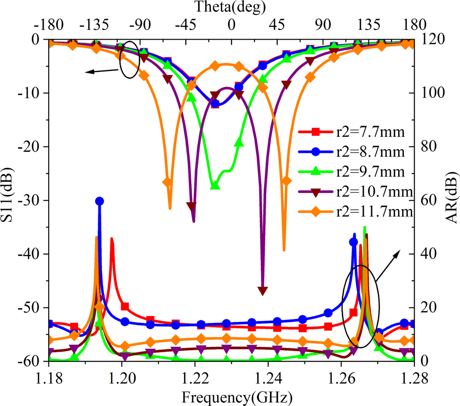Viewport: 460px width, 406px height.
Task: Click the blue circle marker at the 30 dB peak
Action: (x=99, y=201)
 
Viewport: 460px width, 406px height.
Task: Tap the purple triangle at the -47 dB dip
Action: (x=262, y=291)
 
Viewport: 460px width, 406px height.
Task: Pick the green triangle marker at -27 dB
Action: (x=214, y=185)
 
